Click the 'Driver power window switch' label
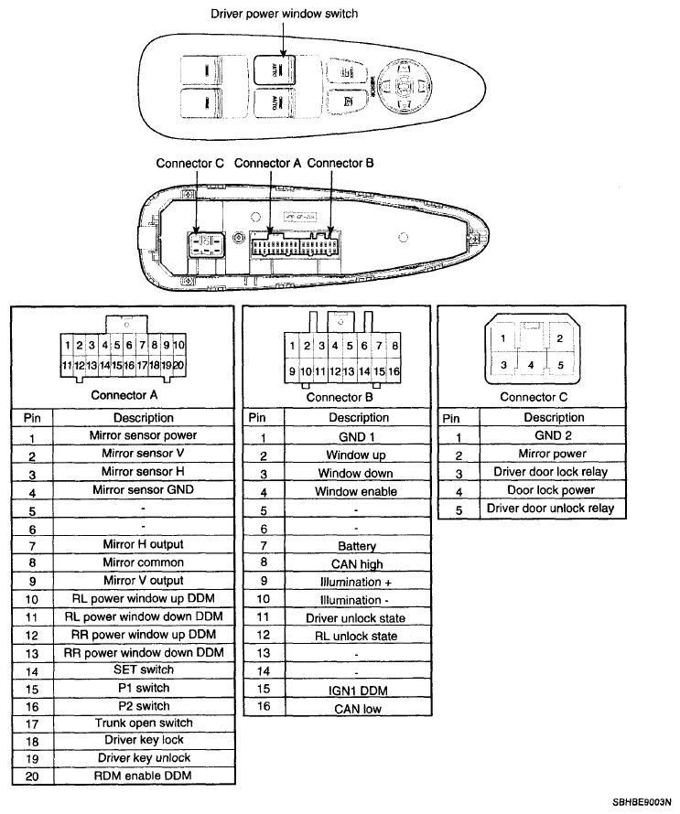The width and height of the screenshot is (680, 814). (284, 14)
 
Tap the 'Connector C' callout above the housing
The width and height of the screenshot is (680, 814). (189, 164)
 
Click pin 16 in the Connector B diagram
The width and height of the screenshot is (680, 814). (394, 372)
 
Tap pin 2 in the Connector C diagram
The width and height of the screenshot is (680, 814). (559, 338)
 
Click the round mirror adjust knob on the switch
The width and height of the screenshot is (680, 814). (403, 87)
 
